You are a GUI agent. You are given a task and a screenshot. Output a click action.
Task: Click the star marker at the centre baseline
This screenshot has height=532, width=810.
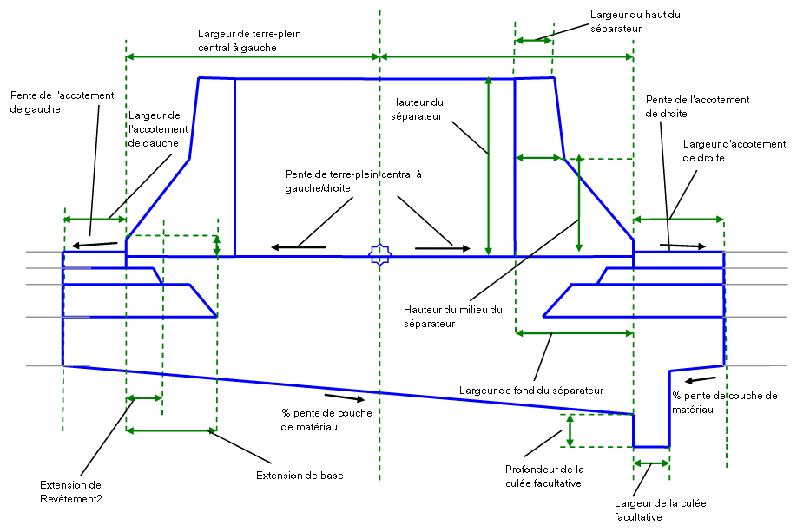[x=379, y=254]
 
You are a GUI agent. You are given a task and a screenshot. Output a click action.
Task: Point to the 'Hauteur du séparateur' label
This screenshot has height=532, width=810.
[x=417, y=108]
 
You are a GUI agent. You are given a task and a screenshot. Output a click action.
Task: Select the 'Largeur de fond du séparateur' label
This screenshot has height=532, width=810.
[x=530, y=390]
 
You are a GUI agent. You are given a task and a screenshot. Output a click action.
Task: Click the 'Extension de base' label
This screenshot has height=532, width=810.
[x=300, y=476]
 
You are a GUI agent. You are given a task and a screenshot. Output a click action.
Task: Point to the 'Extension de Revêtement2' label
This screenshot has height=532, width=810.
[x=71, y=491]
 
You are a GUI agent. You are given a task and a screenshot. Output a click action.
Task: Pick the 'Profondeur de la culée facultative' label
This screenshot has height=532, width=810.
[x=543, y=476]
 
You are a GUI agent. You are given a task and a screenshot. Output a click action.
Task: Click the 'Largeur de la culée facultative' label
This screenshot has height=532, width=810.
[x=650, y=510]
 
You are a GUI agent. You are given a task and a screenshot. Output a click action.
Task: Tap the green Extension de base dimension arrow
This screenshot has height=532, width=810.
[x=171, y=430]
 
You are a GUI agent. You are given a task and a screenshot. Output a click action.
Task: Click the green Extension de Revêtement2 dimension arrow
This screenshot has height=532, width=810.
[x=144, y=398]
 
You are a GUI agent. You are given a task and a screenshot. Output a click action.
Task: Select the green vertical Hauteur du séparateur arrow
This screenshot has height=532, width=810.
[x=489, y=165]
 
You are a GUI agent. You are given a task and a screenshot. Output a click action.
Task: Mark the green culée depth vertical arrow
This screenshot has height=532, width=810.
[x=570, y=430]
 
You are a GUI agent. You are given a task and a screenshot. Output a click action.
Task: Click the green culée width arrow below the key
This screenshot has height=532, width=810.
[x=651, y=464]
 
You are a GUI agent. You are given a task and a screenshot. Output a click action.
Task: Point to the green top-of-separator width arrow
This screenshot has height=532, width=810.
[x=533, y=39]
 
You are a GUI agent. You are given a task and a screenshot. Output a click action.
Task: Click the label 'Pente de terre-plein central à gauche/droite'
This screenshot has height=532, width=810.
[x=354, y=180]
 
